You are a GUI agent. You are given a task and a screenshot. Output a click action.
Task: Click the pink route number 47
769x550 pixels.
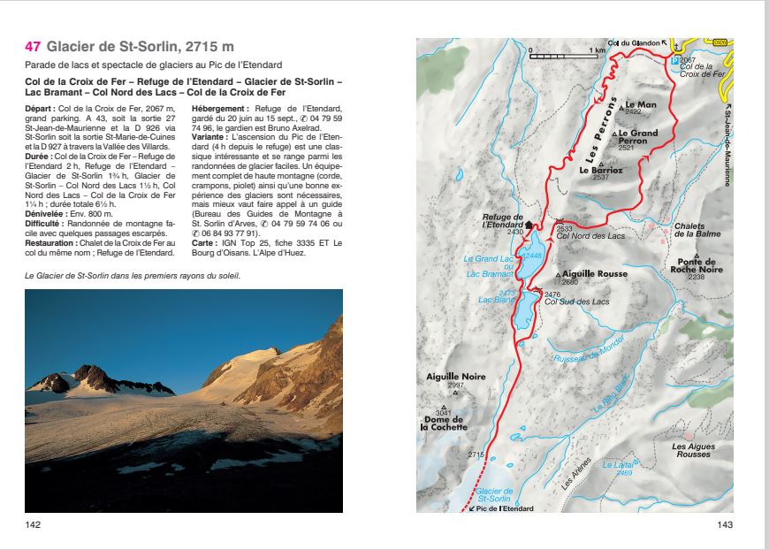click(x=33, y=47)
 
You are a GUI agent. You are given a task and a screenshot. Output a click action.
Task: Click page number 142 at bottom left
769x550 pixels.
click(x=34, y=524)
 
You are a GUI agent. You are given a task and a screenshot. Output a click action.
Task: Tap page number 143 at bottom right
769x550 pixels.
click(x=725, y=524)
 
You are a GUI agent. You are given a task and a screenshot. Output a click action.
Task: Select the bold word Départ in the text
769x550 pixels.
click(x=40, y=107)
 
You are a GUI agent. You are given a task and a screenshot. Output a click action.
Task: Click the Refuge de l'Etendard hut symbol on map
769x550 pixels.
click(x=529, y=225)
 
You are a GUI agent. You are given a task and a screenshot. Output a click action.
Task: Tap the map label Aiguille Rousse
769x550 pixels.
click(x=595, y=274)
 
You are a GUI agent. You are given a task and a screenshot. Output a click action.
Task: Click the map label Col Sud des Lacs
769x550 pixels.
click(x=576, y=302)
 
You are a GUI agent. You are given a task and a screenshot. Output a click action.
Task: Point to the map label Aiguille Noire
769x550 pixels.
click(x=455, y=377)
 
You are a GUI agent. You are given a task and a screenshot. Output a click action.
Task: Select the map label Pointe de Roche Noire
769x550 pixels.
click(x=696, y=266)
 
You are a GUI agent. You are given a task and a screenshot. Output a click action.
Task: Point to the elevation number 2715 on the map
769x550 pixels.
click(x=476, y=455)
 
